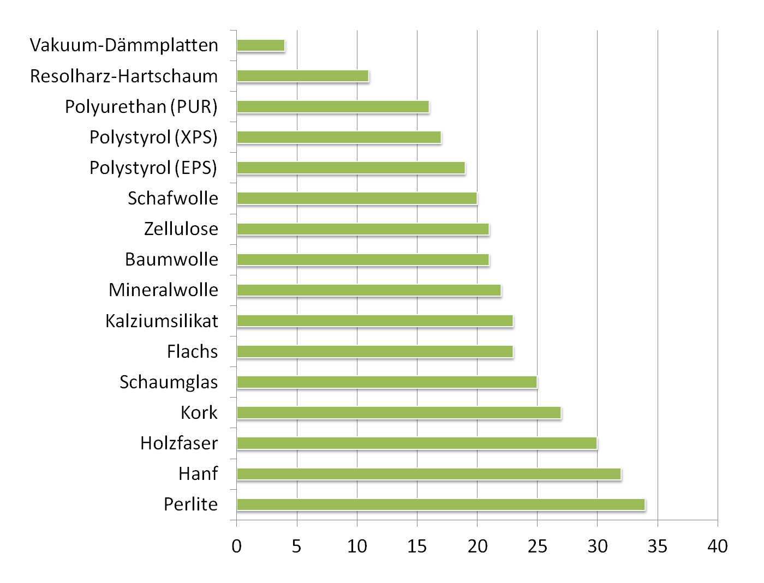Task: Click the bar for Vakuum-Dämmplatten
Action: tap(261, 45)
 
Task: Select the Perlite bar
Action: tap(441, 504)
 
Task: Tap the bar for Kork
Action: tap(399, 413)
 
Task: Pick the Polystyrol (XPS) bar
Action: tap(339, 137)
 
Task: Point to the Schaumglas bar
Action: tap(387, 382)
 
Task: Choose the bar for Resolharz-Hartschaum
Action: tap(303, 76)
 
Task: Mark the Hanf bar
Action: tap(429, 474)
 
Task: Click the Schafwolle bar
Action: tap(357, 199)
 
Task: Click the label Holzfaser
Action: tap(179, 443)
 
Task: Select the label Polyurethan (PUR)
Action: tap(141, 106)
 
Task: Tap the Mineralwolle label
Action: tap(163, 290)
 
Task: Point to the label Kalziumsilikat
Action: tap(162, 321)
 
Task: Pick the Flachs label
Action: tap(192, 351)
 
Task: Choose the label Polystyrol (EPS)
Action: tap(153, 167)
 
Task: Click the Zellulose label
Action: tap(181, 229)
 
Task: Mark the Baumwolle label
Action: tap(171, 259)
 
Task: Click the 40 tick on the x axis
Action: tap(718, 546)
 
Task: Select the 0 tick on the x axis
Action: tap(236, 546)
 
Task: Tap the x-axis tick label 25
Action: tap(537, 546)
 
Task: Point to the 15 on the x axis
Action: tap(417, 546)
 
